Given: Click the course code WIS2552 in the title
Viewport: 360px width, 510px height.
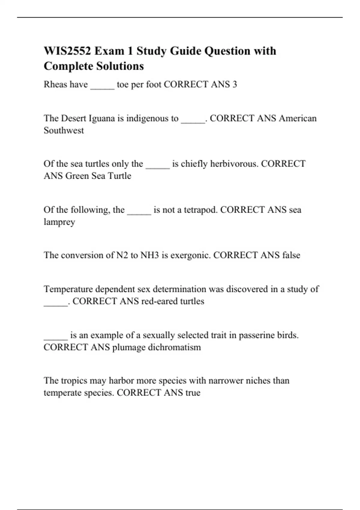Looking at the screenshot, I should [67, 51].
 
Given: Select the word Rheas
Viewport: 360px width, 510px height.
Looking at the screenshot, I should [55, 85].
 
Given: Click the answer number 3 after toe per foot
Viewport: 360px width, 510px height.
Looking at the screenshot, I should [235, 85].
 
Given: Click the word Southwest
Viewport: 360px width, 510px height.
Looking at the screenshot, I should [64, 130].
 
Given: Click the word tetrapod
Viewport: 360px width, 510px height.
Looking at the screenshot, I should [200, 210].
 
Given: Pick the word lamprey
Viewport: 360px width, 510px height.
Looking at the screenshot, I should [59, 222].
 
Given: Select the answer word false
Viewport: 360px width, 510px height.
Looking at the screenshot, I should [291, 255].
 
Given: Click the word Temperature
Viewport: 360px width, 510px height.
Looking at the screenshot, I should [68, 289].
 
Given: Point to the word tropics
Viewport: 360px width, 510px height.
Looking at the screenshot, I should [74, 381].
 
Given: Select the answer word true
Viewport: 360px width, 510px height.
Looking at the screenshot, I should [193, 393].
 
